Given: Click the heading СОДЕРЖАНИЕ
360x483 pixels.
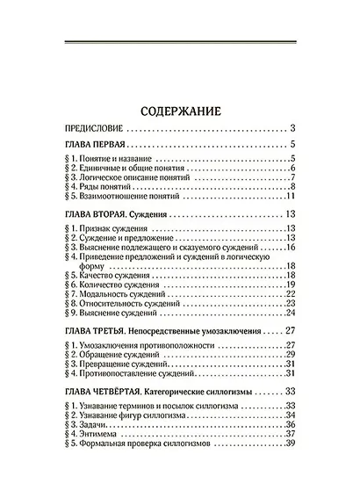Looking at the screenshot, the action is click(x=179, y=111).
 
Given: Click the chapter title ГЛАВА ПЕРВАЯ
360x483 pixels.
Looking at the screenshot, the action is click(x=97, y=144).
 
